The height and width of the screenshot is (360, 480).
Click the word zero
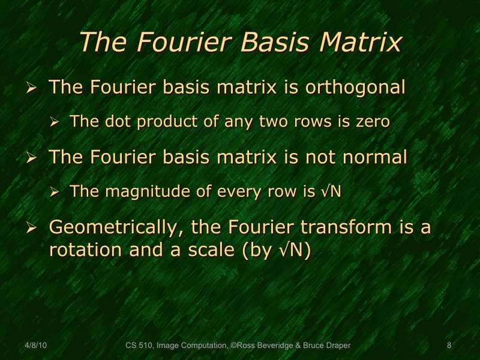[372, 122]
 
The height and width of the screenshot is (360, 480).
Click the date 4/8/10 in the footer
[36, 345]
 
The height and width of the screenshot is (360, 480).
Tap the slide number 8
[449, 345]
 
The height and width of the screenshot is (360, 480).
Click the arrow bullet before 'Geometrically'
[32, 229]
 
